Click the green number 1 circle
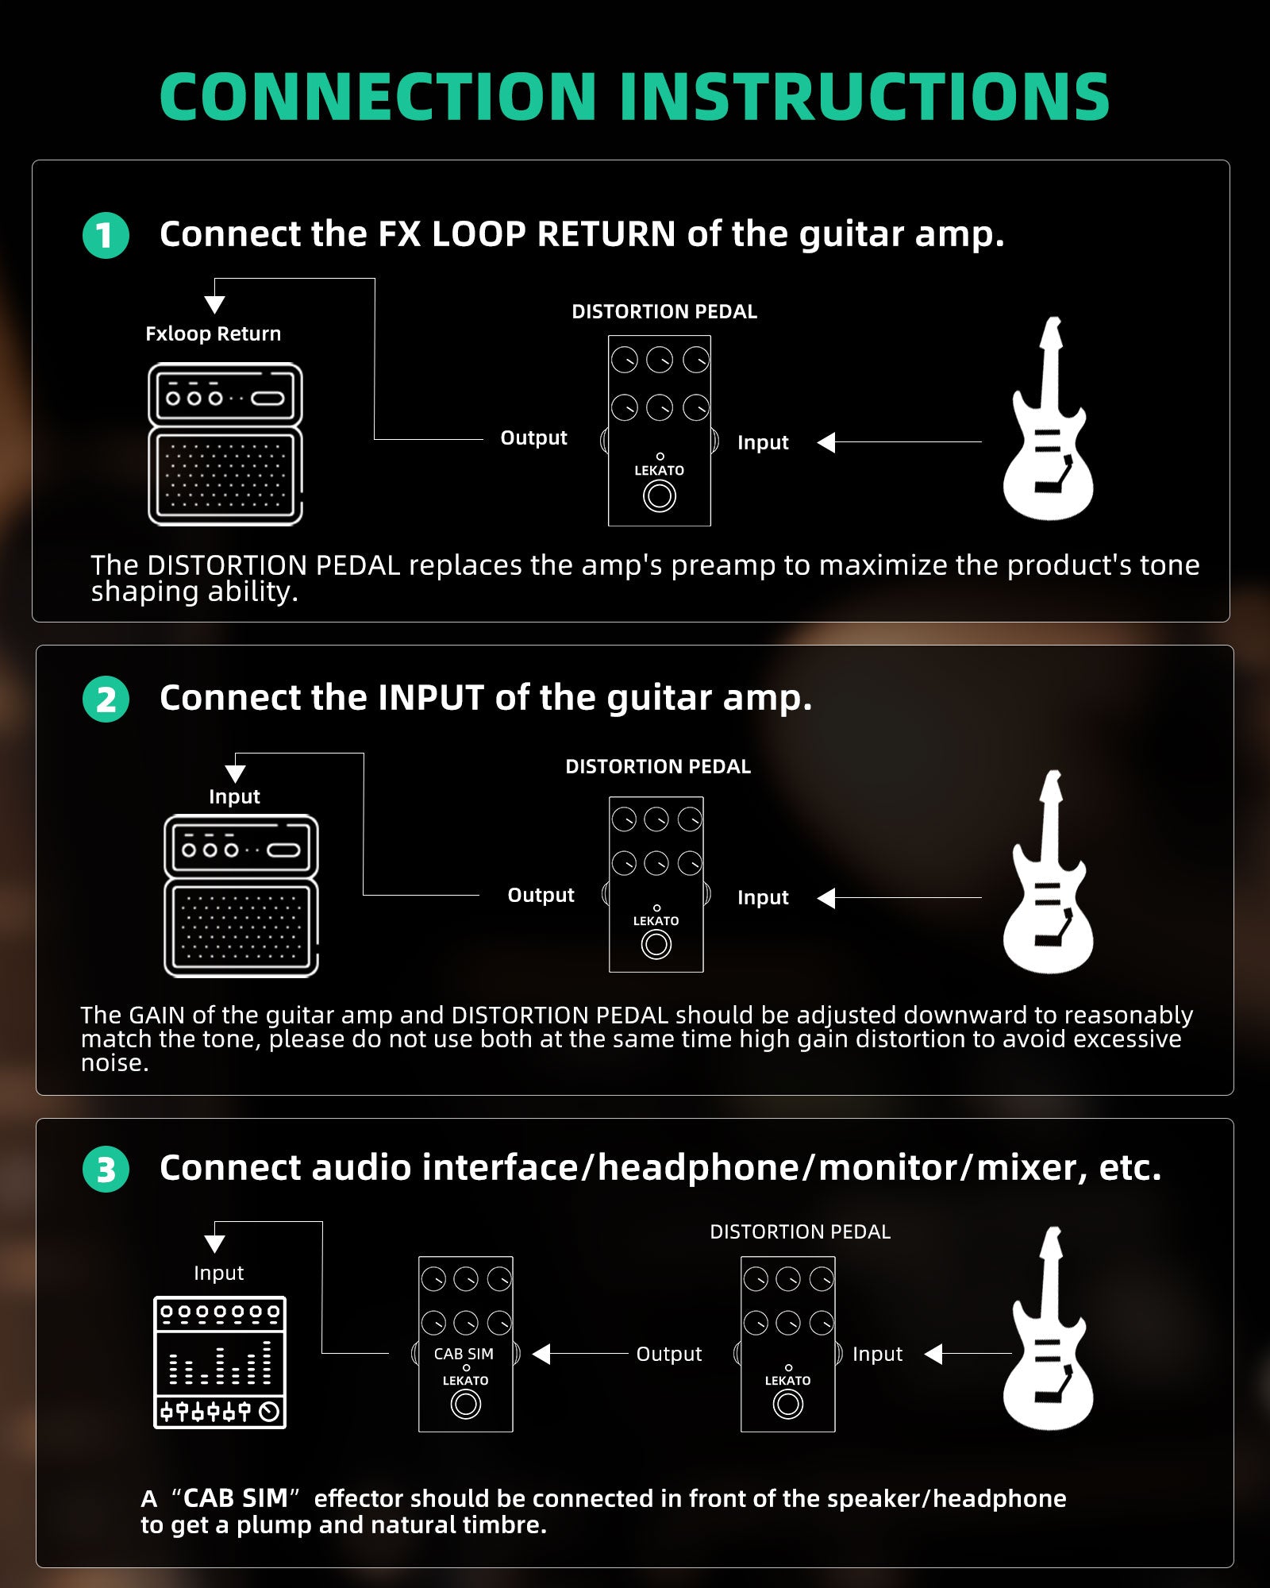(x=106, y=236)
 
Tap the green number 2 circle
(x=106, y=700)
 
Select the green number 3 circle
(x=106, y=1170)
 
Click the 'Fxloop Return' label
(x=213, y=333)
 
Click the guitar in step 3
(x=1048, y=1329)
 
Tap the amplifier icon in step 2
(x=241, y=896)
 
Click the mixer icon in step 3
(x=220, y=1363)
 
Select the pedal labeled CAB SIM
(x=466, y=1344)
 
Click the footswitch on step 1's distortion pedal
(x=659, y=496)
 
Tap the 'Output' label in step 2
(x=541, y=895)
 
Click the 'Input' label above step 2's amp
(x=234, y=796)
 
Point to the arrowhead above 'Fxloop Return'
(x=214, y=305)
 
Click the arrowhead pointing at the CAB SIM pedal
(x=541, y=1354)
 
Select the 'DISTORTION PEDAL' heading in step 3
(x=800, y=1231)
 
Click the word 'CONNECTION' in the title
(x=378, y=97)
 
